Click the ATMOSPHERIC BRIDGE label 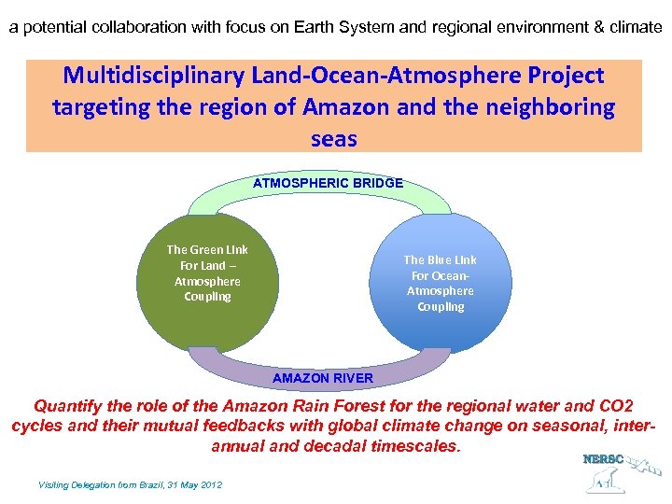click(328, 183)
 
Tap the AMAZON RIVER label click(322, 378)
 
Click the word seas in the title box click(334, 138)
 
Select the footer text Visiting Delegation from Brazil click(130, 485)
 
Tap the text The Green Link click(206, 249)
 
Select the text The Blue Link click(440, 259)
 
